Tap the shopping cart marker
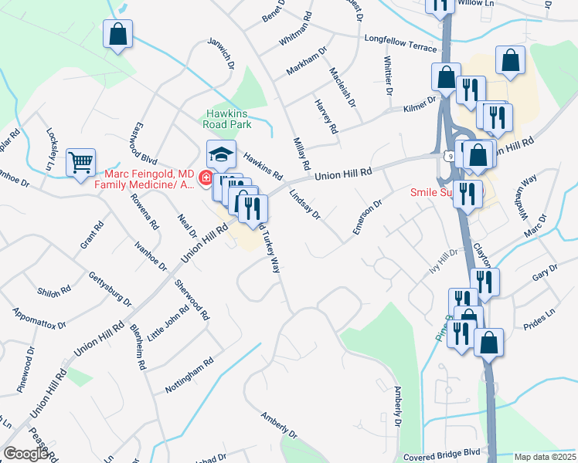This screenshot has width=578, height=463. [x=80, y=163]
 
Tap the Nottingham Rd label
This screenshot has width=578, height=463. [x=189, y=376]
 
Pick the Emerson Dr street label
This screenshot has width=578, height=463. [x=368, y=218]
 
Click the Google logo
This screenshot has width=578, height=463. [x=26, y=454]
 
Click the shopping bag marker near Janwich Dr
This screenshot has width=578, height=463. [x=117, y=35]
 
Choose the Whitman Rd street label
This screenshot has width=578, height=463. [x=297, y=26]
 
